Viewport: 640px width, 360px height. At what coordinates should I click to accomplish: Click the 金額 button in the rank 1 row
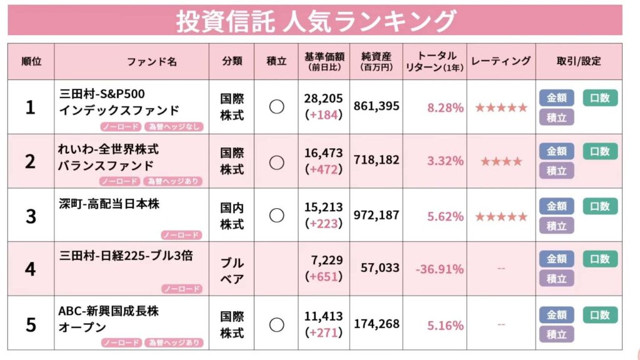coord(556,97)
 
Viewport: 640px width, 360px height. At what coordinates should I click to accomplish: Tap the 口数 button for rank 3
coord(600,206)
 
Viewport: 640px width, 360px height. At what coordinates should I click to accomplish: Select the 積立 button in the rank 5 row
coord(556,334)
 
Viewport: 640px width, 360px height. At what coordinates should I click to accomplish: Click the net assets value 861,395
coord(376,107)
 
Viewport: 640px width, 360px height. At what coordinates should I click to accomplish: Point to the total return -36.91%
coord(439,269)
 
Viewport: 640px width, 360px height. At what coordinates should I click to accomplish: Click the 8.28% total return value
coord(445,107)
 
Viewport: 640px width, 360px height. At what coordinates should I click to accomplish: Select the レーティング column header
coord(501,61)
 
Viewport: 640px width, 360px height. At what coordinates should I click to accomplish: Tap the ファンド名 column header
coord(152,62)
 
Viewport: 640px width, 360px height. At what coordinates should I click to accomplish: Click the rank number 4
coord(31,269)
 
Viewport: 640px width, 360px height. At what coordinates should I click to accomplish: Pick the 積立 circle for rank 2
coord(276,162)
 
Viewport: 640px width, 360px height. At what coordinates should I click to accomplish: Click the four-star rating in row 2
coord(501,162)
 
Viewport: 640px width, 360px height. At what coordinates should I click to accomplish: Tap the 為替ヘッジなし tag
coord(172,127)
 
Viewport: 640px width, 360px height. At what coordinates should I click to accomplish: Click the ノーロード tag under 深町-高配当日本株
coord(181,235)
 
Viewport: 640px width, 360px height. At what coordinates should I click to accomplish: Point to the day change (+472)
coord(323,169)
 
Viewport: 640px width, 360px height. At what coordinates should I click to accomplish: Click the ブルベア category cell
coord(232,269)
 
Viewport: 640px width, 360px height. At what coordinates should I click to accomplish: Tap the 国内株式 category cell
coord(232,216)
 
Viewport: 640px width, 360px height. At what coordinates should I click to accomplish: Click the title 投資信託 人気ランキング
coord(315,21)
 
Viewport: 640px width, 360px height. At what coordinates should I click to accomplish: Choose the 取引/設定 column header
coord(578,61)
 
